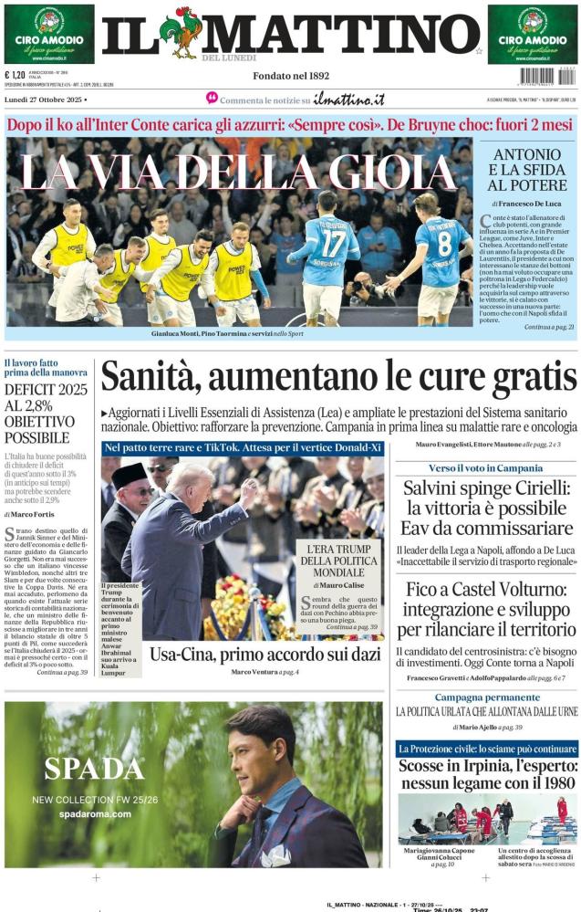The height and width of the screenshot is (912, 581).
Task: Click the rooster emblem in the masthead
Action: pyautogui.click(x=180, y=33)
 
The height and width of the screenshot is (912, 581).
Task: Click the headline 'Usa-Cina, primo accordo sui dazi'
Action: pyautogui.click(x=241, y=655)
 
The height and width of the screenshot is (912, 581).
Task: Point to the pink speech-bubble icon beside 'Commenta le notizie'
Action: pyautogui.click(x=212, y=98)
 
